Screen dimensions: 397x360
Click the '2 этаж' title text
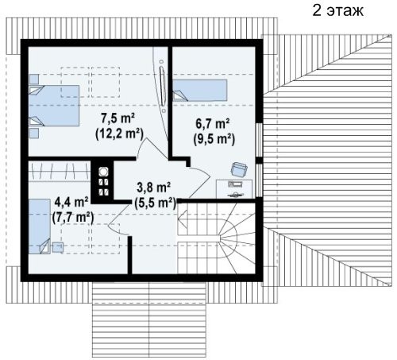(x=337, y=11)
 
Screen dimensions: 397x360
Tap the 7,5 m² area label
(x=118, y=118)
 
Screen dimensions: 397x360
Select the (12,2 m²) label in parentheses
(x=119, y=134)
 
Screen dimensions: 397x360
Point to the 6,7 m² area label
(x=212, y=123)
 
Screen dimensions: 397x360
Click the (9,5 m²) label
(x=214, y=139)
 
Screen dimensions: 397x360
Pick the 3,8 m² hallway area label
(x=153, y=188)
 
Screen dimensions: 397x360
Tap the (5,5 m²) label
(x=155, y=203)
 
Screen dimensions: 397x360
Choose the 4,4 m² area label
(x=71, y=203)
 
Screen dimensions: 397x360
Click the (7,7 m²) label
(x=73, y=218)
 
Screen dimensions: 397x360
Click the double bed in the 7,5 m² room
(x=54, y=106)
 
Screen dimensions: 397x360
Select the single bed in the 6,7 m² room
(x=200, y=91)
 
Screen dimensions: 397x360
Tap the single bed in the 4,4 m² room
(x=40, y=226)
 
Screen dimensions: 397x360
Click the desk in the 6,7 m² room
(x=234, y=189)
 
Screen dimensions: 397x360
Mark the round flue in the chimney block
(x=103, y=172)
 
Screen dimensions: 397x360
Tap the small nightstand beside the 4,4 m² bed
(x=57, y=247)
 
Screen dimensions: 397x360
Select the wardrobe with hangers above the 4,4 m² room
(x=60, y=171)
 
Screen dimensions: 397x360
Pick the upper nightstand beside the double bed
(x=33, y=79)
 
